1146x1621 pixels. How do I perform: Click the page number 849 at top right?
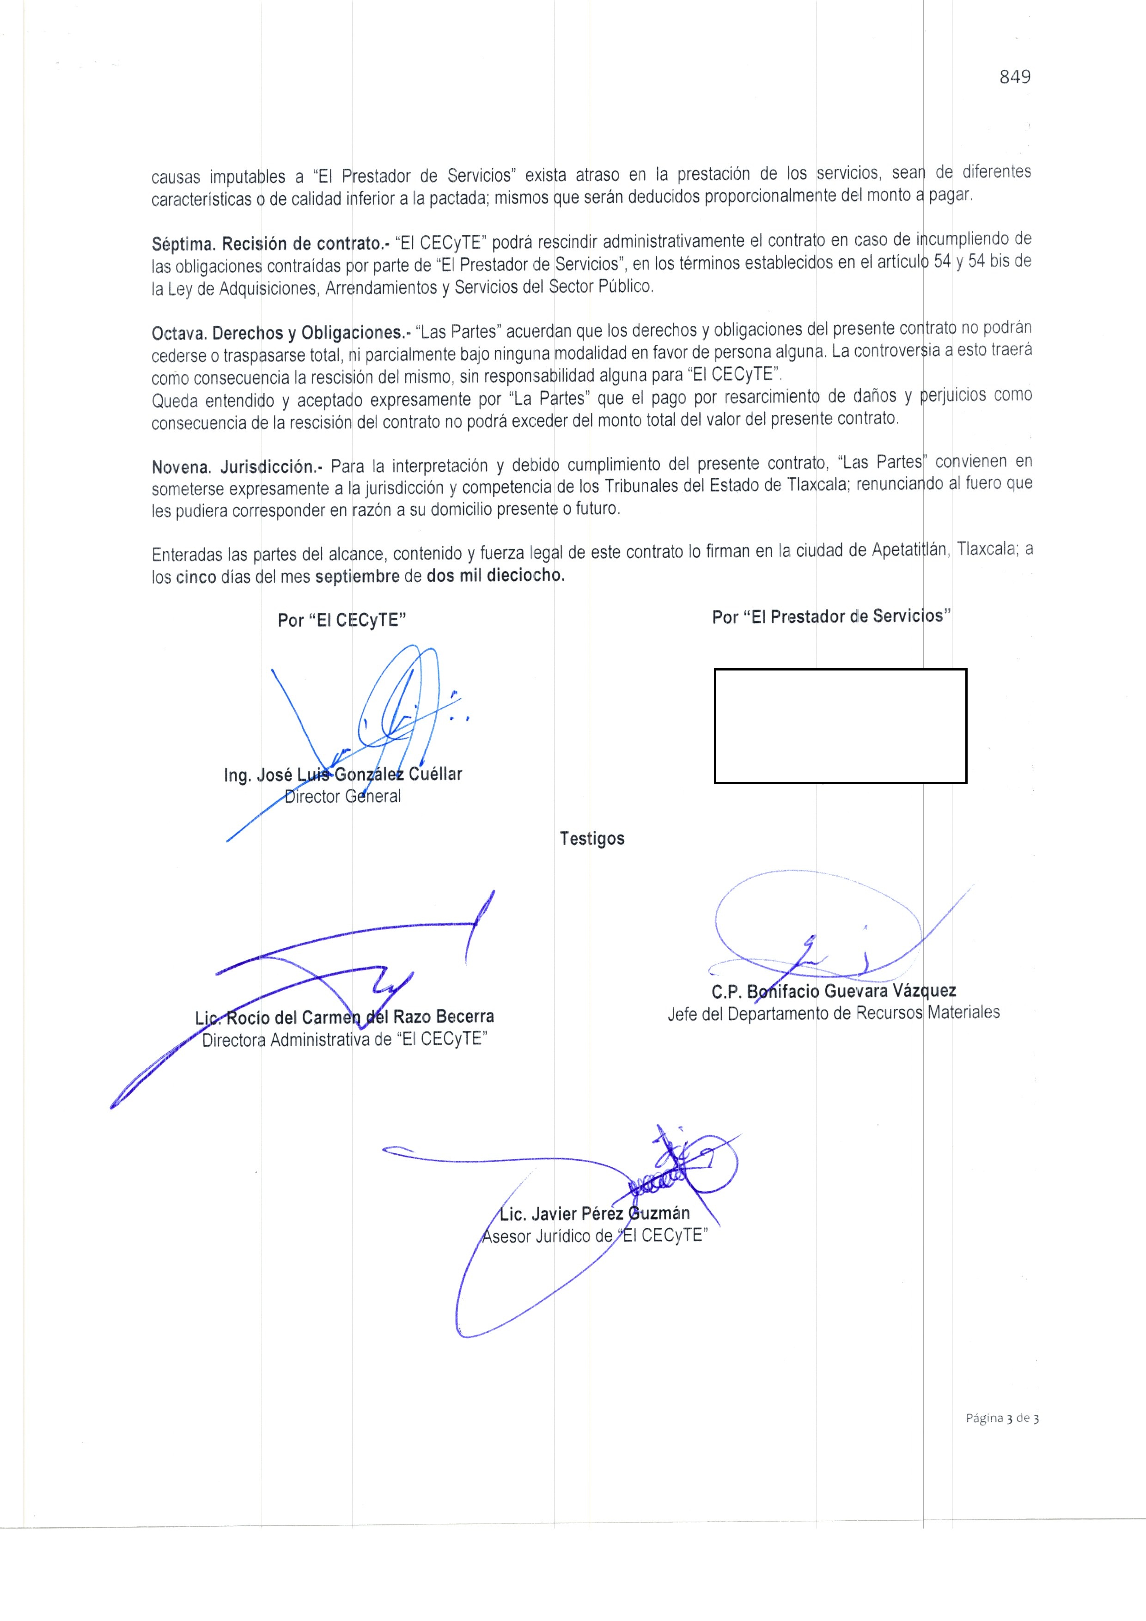click(1015, 77)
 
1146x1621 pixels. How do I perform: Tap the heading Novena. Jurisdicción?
click(237, 467)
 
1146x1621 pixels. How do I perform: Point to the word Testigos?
click(591, 839)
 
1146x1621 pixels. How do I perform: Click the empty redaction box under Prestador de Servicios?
click(840, 726)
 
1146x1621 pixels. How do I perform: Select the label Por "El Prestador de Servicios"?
click(831, 616)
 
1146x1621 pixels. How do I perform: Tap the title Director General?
click(342, 796)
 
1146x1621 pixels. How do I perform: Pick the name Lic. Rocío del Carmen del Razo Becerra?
click(345, 1018)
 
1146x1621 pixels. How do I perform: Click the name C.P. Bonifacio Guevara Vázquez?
click(833, 991)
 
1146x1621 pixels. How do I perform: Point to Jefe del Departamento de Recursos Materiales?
click(833, 1013)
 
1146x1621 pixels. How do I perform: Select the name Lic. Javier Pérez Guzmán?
click(594, 1213)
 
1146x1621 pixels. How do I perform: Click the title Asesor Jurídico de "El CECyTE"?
click(594, 1236)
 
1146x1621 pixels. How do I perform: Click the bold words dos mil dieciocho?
click(496, 575)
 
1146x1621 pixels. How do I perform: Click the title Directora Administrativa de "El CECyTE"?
click(345, 1040)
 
